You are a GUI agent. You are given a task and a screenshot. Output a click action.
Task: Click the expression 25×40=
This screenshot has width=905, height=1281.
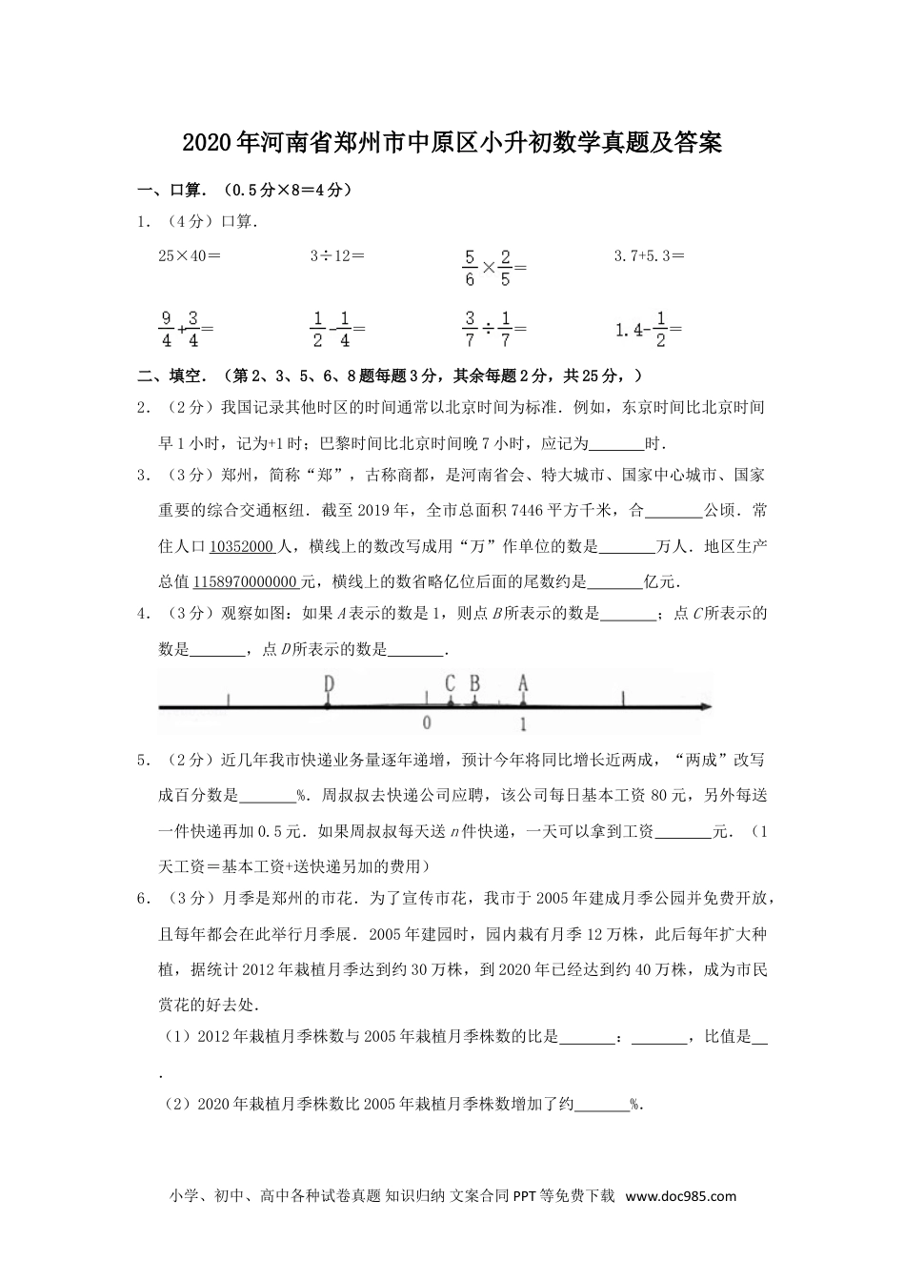pyautogui.click(x=190, y=255)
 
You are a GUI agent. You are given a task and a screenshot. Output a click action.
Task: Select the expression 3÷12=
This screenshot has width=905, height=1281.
pyautogui.click(x=337, y=255)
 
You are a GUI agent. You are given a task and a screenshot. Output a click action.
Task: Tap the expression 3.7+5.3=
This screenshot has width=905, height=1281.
pyautogui.click(x=650, y=255)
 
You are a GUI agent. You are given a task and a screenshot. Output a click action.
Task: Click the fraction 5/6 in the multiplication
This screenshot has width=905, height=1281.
pyautogui.click(x=470, y=268)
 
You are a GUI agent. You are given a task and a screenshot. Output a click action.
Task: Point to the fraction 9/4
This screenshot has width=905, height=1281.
pyautogui.click(x=166, y=329)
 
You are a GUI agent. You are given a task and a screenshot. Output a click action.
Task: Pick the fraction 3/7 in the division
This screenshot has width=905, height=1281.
pyautogui.click(x=470, y=329)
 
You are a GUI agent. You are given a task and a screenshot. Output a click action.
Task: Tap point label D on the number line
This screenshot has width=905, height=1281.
pyautogui.click(x=329, y=683)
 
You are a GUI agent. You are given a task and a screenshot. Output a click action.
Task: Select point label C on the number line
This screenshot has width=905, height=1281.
pyautogui.click(x=451, y=683)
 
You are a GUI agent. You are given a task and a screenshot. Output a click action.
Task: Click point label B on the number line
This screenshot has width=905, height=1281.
pyautogui.click(x=474, y=683)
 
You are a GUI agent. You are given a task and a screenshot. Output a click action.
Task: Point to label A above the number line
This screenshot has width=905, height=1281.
pyautogui.click(x=523, y=683)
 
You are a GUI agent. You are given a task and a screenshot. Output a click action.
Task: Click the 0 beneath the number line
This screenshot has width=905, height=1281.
pyautogui.click(x=427, y=722)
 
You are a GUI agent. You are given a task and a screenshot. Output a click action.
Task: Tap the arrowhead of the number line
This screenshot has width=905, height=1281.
pyautogui.click(x=706, y=706)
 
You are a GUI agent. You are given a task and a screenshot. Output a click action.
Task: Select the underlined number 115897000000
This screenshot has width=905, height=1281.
pyautogui.click(x=246, y=581)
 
